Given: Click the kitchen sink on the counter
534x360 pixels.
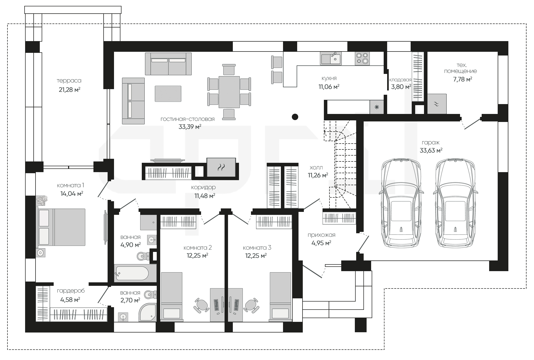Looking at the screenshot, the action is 331,58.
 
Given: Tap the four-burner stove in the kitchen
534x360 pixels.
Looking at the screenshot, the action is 362,58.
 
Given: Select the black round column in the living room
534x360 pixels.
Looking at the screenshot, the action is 295,117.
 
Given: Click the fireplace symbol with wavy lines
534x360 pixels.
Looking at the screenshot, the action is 221,167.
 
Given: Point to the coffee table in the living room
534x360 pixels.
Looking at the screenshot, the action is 168,93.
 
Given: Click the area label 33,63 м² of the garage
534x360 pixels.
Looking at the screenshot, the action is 431,150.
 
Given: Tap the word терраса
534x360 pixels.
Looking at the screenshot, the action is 69,81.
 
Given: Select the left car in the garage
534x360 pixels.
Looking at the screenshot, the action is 401,203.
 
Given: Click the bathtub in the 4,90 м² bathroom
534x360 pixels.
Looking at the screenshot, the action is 131,273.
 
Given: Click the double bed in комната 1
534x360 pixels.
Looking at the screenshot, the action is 61,227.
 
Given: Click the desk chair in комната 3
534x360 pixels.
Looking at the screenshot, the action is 251,305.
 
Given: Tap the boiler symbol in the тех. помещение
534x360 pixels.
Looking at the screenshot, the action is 437,104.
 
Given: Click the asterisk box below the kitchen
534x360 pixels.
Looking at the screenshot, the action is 377,107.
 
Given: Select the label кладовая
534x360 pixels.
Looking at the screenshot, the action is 400,80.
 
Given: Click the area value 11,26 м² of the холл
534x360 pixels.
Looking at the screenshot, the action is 318,175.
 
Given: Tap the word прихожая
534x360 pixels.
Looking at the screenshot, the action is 321,235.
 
